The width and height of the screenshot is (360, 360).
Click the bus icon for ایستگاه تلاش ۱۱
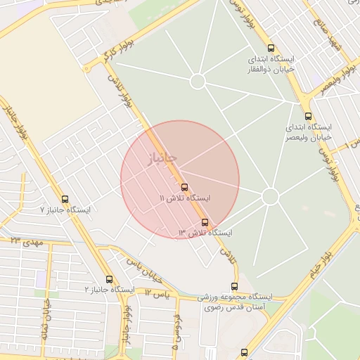184,187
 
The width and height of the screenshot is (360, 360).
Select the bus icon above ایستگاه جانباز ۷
65,199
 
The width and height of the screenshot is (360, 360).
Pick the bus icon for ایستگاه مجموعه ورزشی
234,286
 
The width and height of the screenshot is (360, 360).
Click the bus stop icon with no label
244,352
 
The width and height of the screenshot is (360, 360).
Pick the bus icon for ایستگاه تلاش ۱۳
205,222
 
